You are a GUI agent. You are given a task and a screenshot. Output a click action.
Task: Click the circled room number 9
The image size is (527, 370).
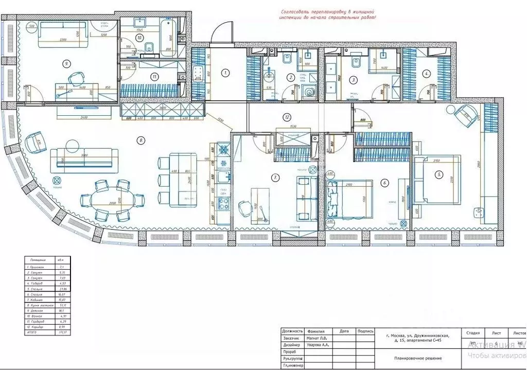coord(66,64)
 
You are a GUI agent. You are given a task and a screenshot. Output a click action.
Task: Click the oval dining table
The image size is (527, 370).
coord(112,200)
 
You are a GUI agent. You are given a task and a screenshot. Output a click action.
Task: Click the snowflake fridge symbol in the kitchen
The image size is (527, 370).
coord(224,150)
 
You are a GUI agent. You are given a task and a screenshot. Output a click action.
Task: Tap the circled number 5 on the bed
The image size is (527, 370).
coord(438,174)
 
